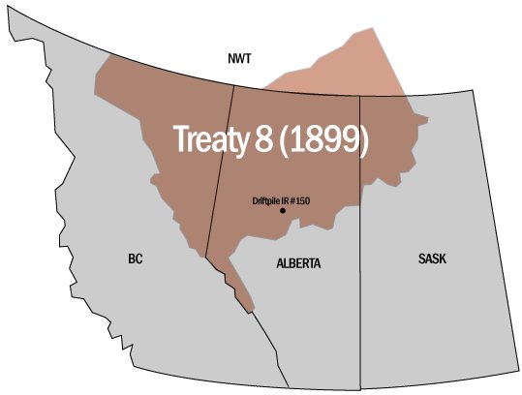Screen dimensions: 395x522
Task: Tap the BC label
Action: [136, 259]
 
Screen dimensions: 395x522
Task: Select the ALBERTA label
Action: [297, 263]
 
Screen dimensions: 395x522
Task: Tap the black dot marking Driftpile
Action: [283, 210]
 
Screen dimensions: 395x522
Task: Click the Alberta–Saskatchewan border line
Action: [360, 290]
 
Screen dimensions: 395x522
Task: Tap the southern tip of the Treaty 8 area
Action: [251, 311]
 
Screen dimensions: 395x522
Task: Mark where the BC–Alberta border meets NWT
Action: [233, 86]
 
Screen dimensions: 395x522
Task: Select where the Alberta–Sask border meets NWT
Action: [360, 95]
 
